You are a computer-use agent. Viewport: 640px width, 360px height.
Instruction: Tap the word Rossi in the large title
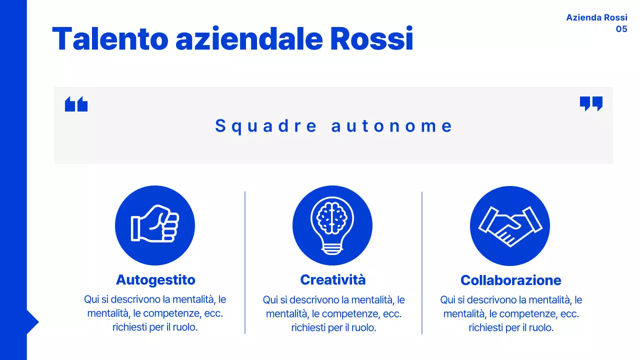(371, 39)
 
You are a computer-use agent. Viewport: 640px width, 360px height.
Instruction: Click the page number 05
(621, 29)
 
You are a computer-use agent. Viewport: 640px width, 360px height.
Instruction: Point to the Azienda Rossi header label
(596, 17)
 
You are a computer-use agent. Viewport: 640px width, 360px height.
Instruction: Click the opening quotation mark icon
(76, 104)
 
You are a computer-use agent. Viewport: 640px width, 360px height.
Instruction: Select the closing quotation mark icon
(591, 103)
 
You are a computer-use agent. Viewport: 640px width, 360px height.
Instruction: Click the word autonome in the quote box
(392, 126)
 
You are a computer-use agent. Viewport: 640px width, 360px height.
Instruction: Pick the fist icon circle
(155, 225)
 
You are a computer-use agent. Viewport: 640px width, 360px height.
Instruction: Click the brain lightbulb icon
(332, 225)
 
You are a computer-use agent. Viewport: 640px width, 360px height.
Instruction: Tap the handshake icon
(509, 226)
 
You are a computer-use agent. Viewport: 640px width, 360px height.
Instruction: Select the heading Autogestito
(155, 279)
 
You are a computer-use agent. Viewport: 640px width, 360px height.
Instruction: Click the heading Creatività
(332, 279)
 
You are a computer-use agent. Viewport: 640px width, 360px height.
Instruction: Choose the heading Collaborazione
(510, 280)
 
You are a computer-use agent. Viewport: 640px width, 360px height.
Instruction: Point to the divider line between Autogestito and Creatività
(245, 262)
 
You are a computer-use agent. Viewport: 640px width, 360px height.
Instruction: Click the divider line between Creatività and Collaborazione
(422, 262)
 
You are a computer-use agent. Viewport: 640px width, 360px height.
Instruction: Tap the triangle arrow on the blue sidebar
(32, 322)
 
